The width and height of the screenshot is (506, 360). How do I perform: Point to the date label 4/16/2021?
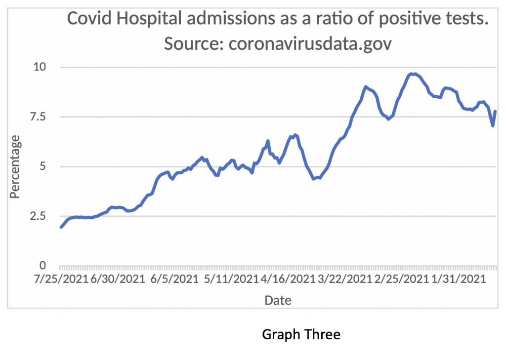pos(286,279)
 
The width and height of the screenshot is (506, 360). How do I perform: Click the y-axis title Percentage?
pos(15,167)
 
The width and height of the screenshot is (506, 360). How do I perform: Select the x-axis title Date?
pos(278,300)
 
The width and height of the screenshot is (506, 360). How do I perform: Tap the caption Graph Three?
pos(301,334)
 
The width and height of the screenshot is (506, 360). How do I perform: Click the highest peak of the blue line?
pos(412,74)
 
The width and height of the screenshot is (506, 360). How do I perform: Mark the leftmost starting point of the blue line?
pos(61,227)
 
